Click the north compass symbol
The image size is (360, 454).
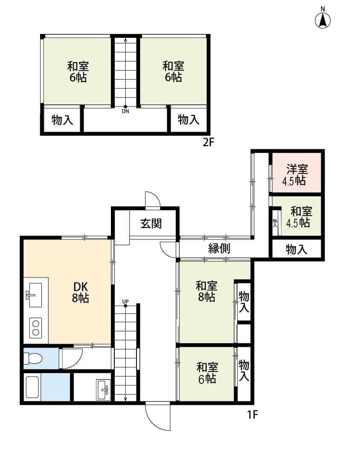tap(323, 20)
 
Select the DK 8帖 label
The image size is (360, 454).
tap(80, 292)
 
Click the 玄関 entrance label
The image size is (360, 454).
tap(151, 224)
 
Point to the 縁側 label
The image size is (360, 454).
tap(219, 248)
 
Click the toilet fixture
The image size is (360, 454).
tap(33, 358)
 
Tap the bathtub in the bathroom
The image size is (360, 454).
tap(33, 387)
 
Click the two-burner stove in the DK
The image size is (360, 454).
tap(35, 327)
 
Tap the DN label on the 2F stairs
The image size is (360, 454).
tap(125, 112)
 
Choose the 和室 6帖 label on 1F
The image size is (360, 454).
tap(207, 373)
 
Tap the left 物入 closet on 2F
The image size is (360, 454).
tap(62, 120)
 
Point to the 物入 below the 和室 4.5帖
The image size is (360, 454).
tap(296, 250)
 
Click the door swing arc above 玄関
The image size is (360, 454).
tap(153, 199)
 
